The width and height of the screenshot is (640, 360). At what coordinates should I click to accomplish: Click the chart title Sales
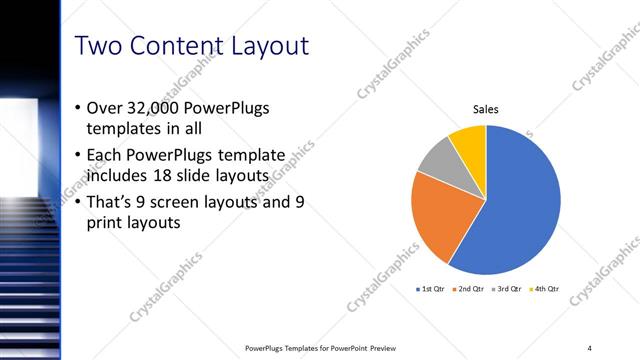[x=486, y=110]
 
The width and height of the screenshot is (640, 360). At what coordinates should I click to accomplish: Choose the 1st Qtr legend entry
[x=432, y=289]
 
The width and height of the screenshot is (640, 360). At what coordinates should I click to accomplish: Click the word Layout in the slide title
[x=265, y=46]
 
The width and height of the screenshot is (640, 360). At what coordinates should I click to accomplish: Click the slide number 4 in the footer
[x=589, y=348]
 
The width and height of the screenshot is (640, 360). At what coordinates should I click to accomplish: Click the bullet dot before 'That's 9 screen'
[x=79, y=202]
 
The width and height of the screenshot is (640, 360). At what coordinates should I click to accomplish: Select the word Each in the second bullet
[x=106, y=155]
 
